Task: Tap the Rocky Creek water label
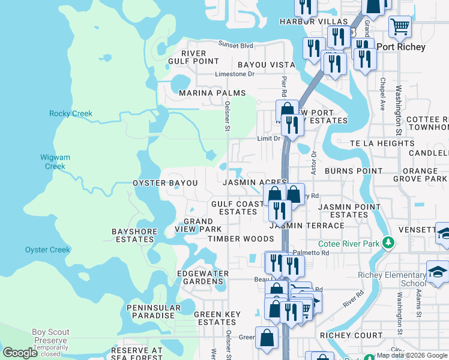point(71,113)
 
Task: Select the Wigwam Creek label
point(55,162)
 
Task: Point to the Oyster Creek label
point(47,250)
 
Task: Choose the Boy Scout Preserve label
point(51,336)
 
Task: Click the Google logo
point(20,353)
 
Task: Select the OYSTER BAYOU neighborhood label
point(165,182)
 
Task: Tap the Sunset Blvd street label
point(236,45)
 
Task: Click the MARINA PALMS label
point(212,93)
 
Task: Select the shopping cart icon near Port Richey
point(400,26)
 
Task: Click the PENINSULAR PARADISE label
point(154,311)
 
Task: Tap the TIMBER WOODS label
point(241,238)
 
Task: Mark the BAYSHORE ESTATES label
point(134,235)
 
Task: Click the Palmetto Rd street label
point(316,253)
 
